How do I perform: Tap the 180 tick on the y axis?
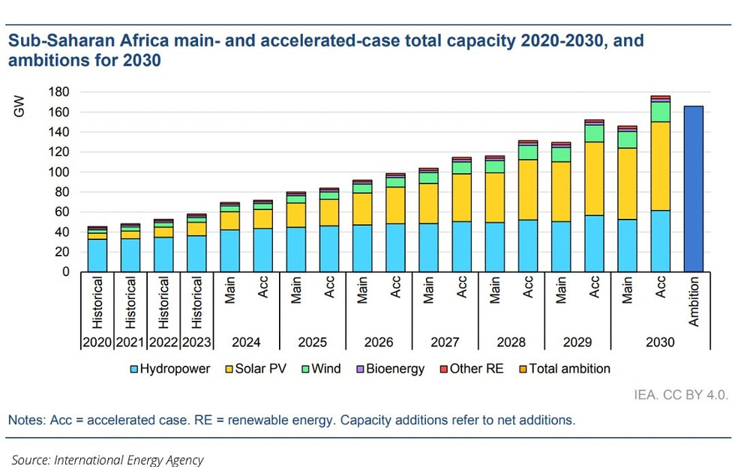(60, 92)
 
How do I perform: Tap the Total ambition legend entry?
(562, 369)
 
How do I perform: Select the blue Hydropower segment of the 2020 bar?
(97, 255)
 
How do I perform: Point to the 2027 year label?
(445, 342)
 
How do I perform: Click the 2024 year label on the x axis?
(246, 342)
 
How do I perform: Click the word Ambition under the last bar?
(694, 302)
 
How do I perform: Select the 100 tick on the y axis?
(60, 172)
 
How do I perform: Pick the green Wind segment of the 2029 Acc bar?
(595, 133)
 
